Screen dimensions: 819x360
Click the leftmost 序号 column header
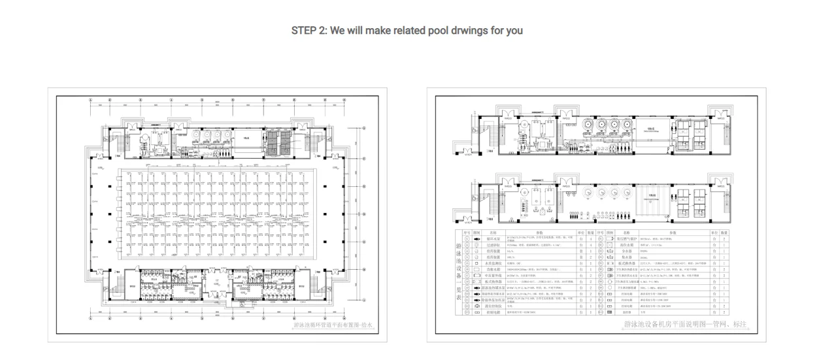point(467,232)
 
